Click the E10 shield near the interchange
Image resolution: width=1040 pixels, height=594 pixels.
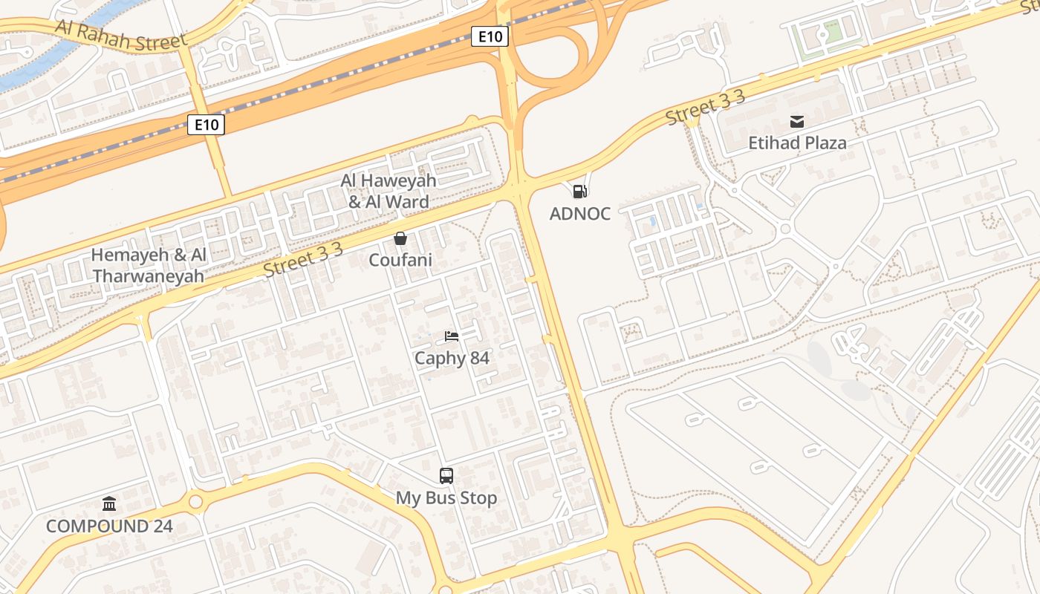click(490, 36)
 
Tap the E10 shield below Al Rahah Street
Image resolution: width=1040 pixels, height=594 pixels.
click(206, 124)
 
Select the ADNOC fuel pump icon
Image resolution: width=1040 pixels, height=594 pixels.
click(580, 192)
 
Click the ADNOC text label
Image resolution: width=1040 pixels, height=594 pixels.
click(580, 214)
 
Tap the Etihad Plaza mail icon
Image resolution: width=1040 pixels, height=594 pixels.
click(797, 121)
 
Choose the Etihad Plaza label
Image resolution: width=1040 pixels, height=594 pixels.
click(797, 143)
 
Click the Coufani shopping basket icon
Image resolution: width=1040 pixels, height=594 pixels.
click(400, 238)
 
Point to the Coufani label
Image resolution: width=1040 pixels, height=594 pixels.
click(400, 260)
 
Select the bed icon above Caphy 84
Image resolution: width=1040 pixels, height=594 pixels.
click(452, 336)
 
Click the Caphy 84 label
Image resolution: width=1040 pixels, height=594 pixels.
click(452, 359)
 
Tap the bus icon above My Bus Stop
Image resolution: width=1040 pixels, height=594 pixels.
click(446, 476)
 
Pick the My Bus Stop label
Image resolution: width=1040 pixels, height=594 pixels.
click(446, 497)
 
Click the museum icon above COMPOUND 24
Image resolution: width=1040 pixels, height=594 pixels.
click(109, 504)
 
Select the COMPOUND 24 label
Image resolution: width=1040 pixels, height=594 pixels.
click(109, 526)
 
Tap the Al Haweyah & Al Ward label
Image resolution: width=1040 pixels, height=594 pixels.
click(389, 191)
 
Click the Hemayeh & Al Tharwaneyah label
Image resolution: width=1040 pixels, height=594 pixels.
click(149, 265)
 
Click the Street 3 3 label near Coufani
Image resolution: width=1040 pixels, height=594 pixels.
click(303, 260)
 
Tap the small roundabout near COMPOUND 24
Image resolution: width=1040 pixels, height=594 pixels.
click(195, 503)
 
